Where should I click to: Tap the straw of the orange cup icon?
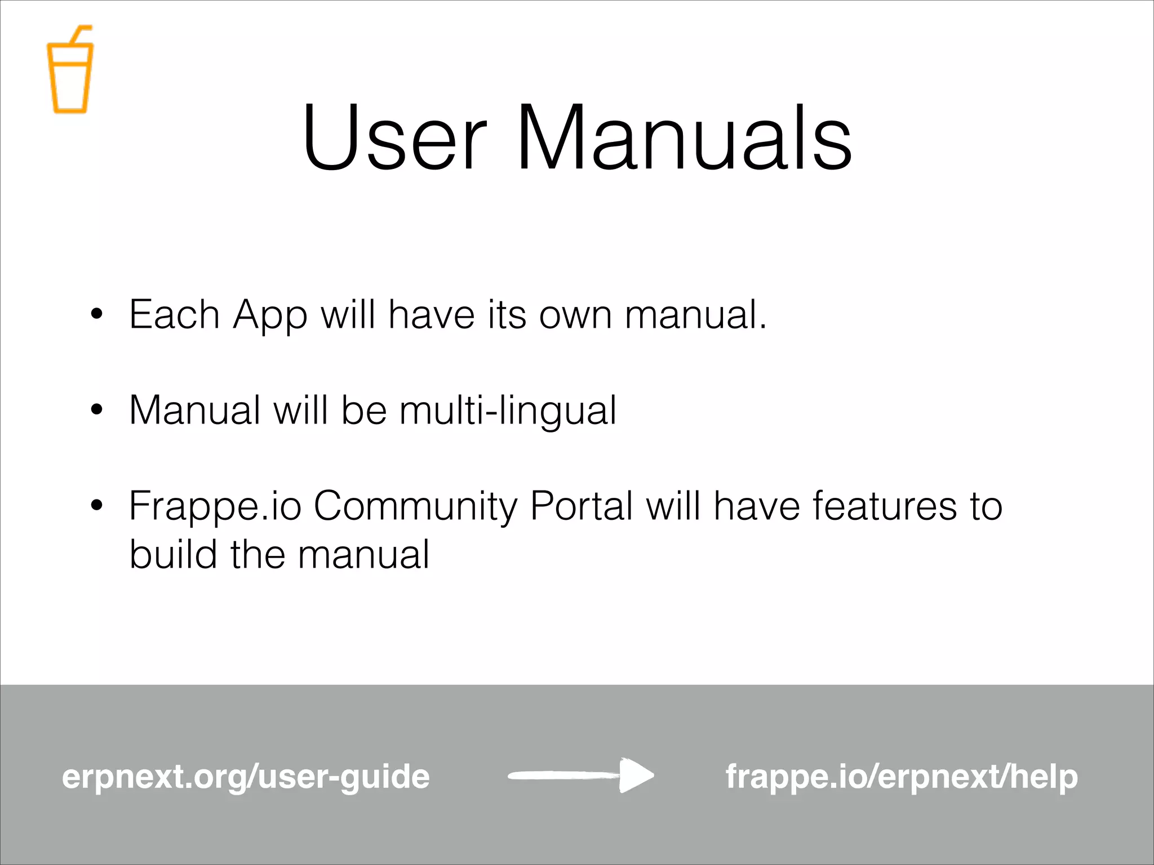tap(79, 35)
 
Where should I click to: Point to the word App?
tap(270, 315)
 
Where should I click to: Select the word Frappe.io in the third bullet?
tap(215, 507)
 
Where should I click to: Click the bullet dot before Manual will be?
tap(97, 409)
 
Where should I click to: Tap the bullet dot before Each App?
tap(97, 314)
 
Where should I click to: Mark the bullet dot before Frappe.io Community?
tap(97, 505)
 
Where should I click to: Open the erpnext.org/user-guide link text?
tap(246, 777)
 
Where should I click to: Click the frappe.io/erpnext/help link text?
tap(902, 777)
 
